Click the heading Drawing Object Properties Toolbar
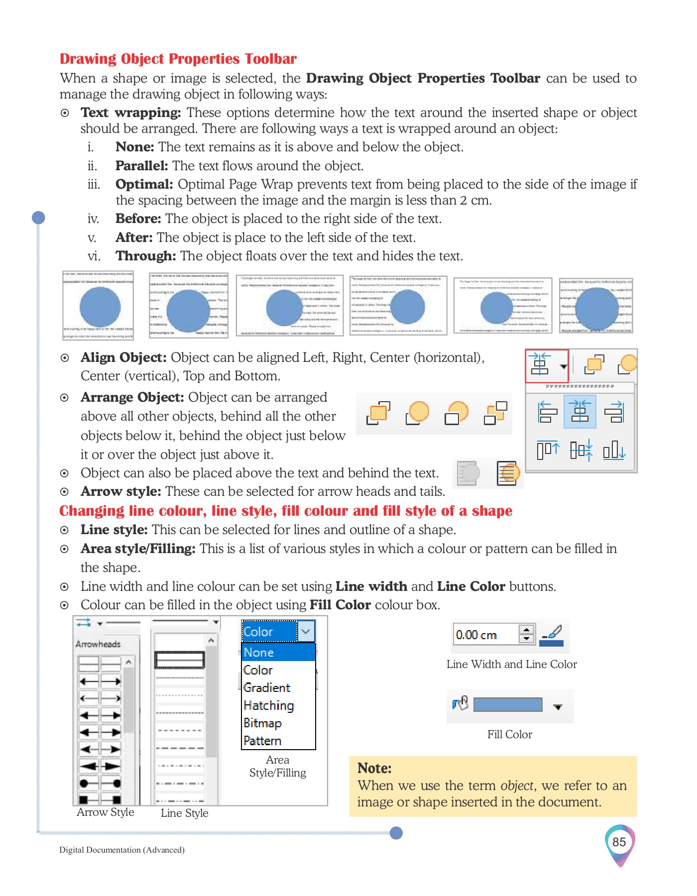(178, 59)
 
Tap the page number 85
(619, 842)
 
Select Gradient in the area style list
(267, 687)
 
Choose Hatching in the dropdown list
(269, 705)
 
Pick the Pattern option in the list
(262, 741)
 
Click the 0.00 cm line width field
(485, 635)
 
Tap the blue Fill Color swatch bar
(507, 704)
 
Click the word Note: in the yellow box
(374, 768)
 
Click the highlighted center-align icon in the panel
(580, 412)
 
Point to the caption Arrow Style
(106, 812)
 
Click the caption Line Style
(184, 813)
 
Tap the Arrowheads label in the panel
(98, 644)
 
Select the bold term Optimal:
(144, 184)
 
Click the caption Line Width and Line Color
(511, 664)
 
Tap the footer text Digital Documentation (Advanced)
(122, 850)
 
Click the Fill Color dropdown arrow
(558, 707)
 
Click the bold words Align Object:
(123, 357)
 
